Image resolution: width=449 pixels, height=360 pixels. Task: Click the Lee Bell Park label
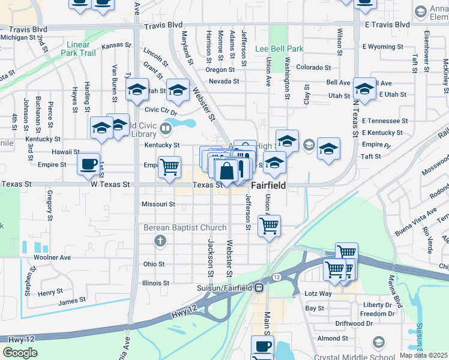point(279,49)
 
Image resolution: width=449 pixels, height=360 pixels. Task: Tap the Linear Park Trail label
point(78,49)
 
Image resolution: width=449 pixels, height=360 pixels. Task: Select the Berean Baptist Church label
point(185,228)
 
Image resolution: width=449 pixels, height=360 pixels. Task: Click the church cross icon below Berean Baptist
point(160,241)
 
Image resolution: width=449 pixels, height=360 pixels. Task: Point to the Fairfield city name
point(268,186)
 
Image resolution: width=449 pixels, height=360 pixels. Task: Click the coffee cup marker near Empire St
point(89,164)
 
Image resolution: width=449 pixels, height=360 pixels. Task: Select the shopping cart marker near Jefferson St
point(269,227)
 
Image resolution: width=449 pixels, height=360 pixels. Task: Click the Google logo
point(20,353)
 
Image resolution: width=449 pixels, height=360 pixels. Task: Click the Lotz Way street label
point(318,294)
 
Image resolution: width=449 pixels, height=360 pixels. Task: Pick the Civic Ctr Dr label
point(161,110)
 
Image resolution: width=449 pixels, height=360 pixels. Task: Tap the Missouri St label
point(158,204)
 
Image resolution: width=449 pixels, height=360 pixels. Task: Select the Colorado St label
point(313,68)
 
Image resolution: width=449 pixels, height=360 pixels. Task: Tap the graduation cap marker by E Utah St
point(364,90)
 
